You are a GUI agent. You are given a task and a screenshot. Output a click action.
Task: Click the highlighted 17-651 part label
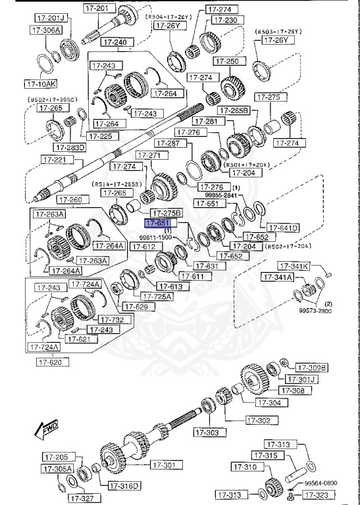[x=155, y=224]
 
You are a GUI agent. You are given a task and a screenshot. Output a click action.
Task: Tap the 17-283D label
[x=70, y=147]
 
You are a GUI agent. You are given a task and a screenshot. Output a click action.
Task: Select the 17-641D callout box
[x=283, y=228]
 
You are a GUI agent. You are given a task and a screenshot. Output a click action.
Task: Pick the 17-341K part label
[x=294, y=266]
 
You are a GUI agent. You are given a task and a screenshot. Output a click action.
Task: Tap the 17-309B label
[x=311, y=368]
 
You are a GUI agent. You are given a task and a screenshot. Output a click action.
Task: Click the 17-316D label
[x=125, y=486]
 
